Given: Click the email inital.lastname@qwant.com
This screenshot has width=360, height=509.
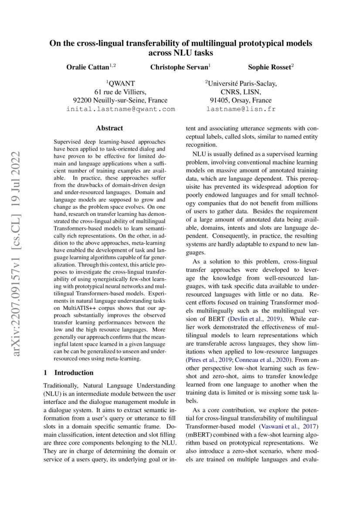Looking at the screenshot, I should (120, 109).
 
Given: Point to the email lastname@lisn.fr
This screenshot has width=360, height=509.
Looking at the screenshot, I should (241, 109).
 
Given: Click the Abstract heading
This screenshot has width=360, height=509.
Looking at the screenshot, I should (109, 128).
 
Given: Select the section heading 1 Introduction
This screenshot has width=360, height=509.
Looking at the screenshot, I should (69, 373).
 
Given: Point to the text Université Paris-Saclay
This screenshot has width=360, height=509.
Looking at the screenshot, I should (241, 83).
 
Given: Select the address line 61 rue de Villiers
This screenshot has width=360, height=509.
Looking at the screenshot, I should (120, 92).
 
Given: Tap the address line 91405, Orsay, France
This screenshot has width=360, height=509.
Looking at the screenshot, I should (241, 100).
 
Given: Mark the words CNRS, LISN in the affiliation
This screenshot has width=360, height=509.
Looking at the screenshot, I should (241, 92).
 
